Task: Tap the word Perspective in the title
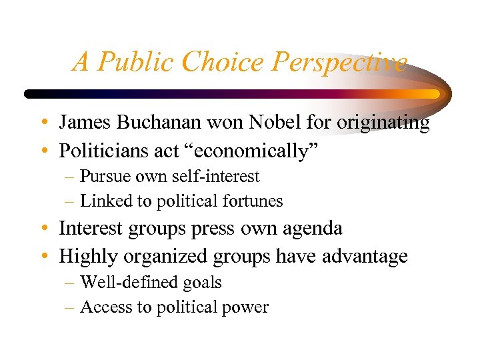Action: [x=338, y=62]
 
